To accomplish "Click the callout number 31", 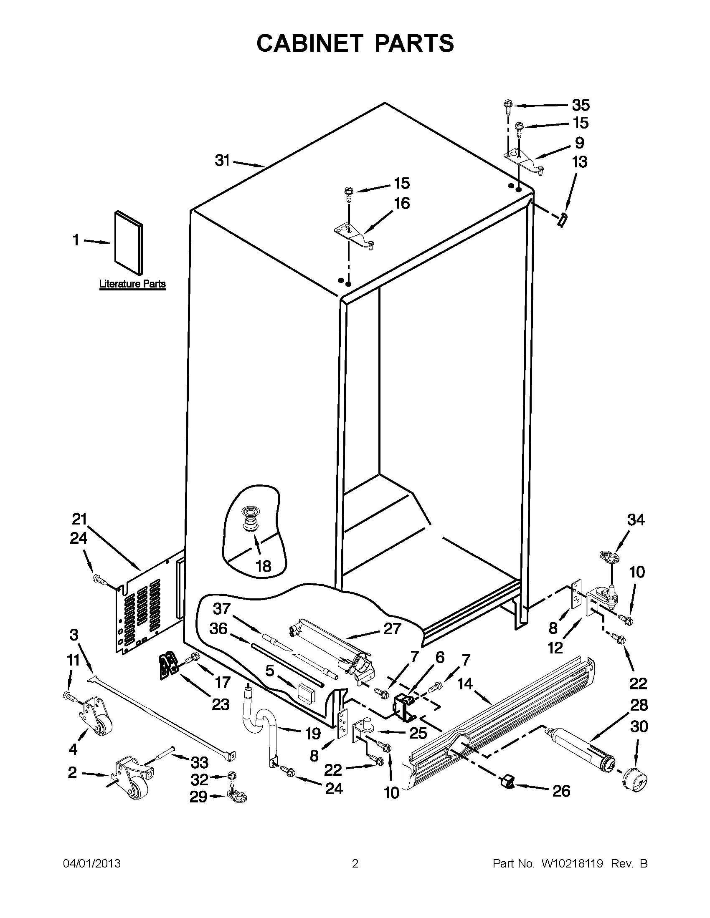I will coord(222,160).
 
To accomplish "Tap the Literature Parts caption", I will coord(132,284).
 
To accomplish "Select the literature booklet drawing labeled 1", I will coord(128,242).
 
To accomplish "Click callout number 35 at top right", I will coord(581,105).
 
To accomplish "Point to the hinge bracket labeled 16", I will coord(353,235).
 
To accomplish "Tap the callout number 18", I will coord(263,566).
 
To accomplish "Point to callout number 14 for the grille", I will coord(465,684).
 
